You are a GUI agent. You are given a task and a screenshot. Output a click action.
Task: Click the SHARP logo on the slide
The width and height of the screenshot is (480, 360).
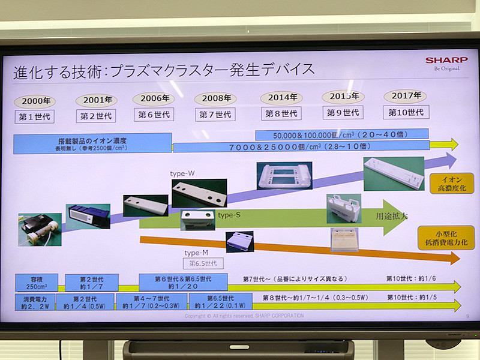click(446, 60)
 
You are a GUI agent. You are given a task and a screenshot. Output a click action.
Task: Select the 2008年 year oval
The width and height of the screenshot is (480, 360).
click(215, 98)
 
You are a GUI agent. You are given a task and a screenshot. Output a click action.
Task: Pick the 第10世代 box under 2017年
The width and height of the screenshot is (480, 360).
click(406, 112)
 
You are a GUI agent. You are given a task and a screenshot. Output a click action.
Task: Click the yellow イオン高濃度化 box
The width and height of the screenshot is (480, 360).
click(451, 183)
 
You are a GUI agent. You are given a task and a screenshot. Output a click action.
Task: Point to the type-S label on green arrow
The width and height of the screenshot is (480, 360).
click(229, 215)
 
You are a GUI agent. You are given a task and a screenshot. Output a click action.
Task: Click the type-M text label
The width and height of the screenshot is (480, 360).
click(196, 253)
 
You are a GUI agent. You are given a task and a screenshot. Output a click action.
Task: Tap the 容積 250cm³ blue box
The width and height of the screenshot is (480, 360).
click(36, 282)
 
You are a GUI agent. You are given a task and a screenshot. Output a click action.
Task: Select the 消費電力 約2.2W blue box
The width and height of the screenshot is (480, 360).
click(34, 301)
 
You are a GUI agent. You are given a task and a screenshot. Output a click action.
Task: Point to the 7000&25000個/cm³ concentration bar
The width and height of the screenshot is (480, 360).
click(301, 146)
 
